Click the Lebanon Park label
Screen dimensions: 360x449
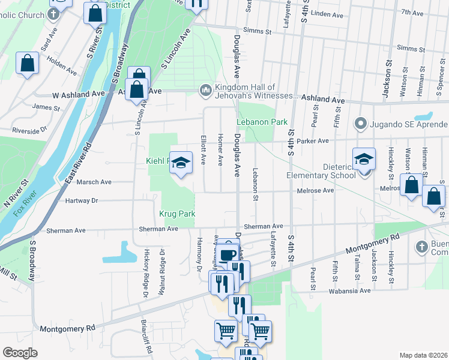pos(262,122)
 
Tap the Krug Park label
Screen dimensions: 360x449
pos(177,214)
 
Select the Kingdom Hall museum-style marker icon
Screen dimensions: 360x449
pos(205,90)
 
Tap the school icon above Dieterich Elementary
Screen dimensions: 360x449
pos(364,160)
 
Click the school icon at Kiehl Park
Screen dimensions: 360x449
pos(181,163)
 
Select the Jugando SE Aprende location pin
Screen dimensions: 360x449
pos(360,124)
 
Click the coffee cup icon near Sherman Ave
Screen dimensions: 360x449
pos(228,255)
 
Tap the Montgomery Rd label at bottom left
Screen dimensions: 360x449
pos(67,329)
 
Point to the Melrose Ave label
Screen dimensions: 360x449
pos(315,190)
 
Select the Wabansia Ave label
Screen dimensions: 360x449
pos(349,291)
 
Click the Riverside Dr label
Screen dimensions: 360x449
pos(29,130)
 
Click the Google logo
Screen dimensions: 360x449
pos(20,353)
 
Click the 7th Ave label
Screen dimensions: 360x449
pos(412,12)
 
